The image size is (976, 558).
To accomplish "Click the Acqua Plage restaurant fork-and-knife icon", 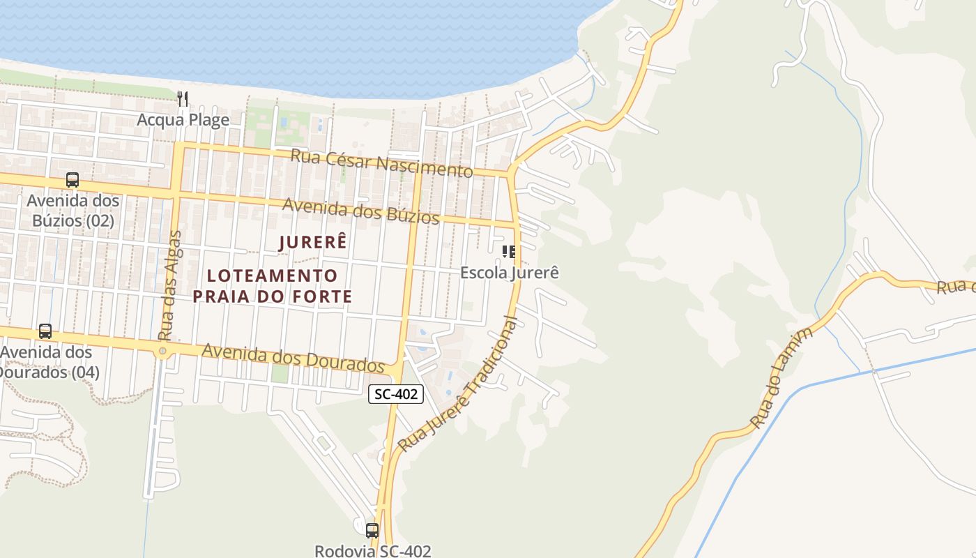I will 183,99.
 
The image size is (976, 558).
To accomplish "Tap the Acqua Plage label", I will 183,120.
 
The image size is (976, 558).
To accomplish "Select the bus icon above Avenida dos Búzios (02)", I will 73,180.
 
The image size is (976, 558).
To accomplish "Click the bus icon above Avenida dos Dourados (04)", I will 45,331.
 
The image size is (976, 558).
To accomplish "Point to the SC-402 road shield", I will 396,394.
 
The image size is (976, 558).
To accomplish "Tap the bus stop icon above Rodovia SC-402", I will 372,530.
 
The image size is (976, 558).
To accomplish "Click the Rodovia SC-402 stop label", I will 372,550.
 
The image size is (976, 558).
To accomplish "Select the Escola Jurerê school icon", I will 509,252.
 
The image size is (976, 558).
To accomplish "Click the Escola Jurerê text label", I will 509,273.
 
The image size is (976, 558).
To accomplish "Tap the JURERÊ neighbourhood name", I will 312,243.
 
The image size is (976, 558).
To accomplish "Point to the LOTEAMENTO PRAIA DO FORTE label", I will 273,286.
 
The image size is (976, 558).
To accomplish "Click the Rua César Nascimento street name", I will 381,162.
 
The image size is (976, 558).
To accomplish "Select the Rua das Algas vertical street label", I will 169,285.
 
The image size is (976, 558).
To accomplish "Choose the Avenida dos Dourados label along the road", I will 293,357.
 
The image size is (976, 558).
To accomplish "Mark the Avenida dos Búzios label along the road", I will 360,211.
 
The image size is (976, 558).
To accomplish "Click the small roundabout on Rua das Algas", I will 162,351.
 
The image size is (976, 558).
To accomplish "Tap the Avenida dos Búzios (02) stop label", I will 73,211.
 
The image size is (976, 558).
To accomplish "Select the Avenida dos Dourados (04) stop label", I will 47,362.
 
